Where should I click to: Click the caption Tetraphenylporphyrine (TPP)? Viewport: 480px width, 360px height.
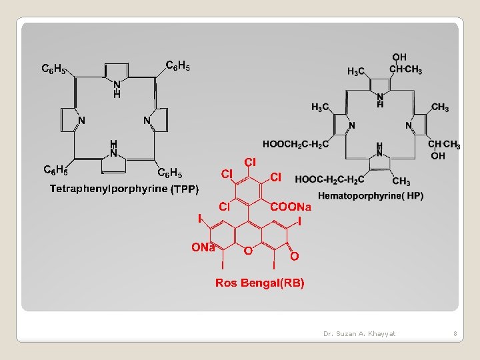click(124, 189)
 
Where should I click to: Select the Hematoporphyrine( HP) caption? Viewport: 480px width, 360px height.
click(371, 195)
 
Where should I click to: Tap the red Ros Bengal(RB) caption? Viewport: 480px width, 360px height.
click(260, 283)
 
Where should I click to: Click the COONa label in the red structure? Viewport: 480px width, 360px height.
click(291, 207)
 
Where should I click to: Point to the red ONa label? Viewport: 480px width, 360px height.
click(203, 247)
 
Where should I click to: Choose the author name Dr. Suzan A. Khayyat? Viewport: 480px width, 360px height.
click(359, 333)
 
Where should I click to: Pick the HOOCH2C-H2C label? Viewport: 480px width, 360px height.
click(295, 143)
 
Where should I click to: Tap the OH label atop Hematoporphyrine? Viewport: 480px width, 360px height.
click(399, 57)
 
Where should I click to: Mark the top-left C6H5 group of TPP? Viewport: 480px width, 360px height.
click(53, 68)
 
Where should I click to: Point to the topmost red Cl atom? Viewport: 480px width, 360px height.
click(250, 162)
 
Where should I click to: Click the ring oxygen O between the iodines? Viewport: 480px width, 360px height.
click(247, 251)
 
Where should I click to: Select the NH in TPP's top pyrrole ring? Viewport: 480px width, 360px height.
click(117, 89)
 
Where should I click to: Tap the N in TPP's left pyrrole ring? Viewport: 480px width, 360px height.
click(81, 121)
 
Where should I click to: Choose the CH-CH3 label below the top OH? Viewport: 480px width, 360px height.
click(405, 69)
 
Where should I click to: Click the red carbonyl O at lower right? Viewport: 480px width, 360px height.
click(294, 255)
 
